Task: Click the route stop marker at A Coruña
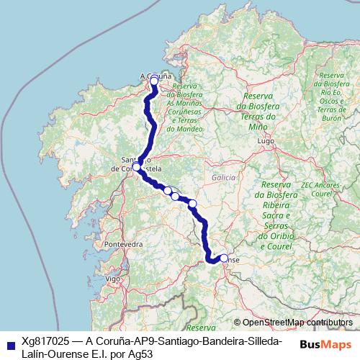point(153,81)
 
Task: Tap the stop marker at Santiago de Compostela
point(136,166)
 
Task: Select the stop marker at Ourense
point(224,258)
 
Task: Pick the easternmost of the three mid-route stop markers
point(192,204)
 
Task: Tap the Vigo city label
point(111,278)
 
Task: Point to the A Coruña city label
point(155,74)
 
